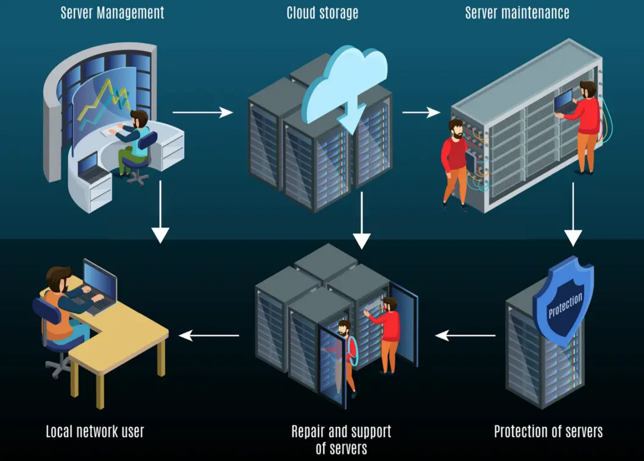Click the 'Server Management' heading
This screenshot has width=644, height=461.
[x=113, y=13]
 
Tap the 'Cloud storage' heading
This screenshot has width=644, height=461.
[x=322, y=13]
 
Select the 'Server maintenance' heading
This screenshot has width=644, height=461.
[x=517, y=13]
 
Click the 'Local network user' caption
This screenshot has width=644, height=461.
[x=95, y=432]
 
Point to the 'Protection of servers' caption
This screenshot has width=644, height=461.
[x=548, y=432]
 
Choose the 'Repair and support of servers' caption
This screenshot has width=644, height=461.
[x=341, y=440]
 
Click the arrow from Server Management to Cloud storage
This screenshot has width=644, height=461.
[x=202, y=112]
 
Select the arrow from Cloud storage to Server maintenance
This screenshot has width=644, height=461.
[x=421, y=112]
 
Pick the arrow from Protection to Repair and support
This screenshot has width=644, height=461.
[x=465, y=335]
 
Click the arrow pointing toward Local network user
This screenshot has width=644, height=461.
[x=208, y=335]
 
